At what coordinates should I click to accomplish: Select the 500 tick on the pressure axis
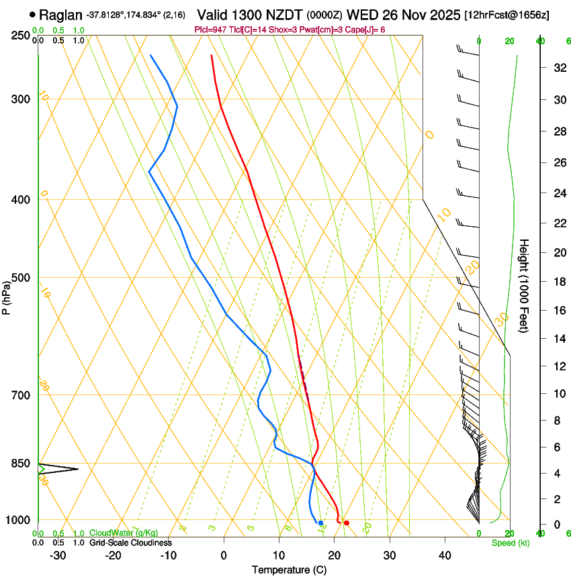click(x=19, y=278)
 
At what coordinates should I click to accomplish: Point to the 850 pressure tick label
click(x=19, y=464)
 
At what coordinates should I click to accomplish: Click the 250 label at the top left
click(x=19, y=36)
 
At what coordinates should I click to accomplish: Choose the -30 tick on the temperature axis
click(x=58, y=556)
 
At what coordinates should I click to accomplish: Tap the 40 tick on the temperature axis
click(x=445, y=556)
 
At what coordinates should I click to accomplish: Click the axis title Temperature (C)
click(x=289, y=570)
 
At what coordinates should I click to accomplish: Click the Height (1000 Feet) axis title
click(x=525, y=285)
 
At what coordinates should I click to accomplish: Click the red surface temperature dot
click(x=346, y=523)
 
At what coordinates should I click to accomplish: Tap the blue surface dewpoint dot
click(x=320, y=523)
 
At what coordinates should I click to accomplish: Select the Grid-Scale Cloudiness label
click(x=131, y=542)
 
